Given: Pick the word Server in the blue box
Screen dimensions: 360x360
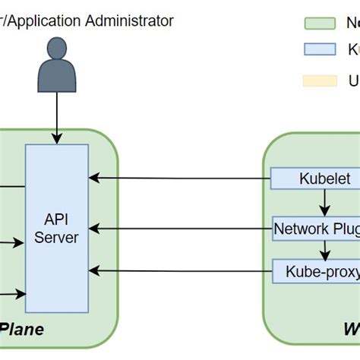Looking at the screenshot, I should [x=56, y=237].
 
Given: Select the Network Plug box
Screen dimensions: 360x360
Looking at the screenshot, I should [x=316, y=228].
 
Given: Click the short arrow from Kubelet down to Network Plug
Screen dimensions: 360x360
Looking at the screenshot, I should [x=325, y=203].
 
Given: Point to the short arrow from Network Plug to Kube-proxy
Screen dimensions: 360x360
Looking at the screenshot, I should [x=325, y=248].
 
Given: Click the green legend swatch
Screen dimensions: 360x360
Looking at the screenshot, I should [x=320, y=24].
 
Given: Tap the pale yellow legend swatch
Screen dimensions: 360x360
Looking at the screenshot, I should [x=320, y=81].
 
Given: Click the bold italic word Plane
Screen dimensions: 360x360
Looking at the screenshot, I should [x=21, y=330].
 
